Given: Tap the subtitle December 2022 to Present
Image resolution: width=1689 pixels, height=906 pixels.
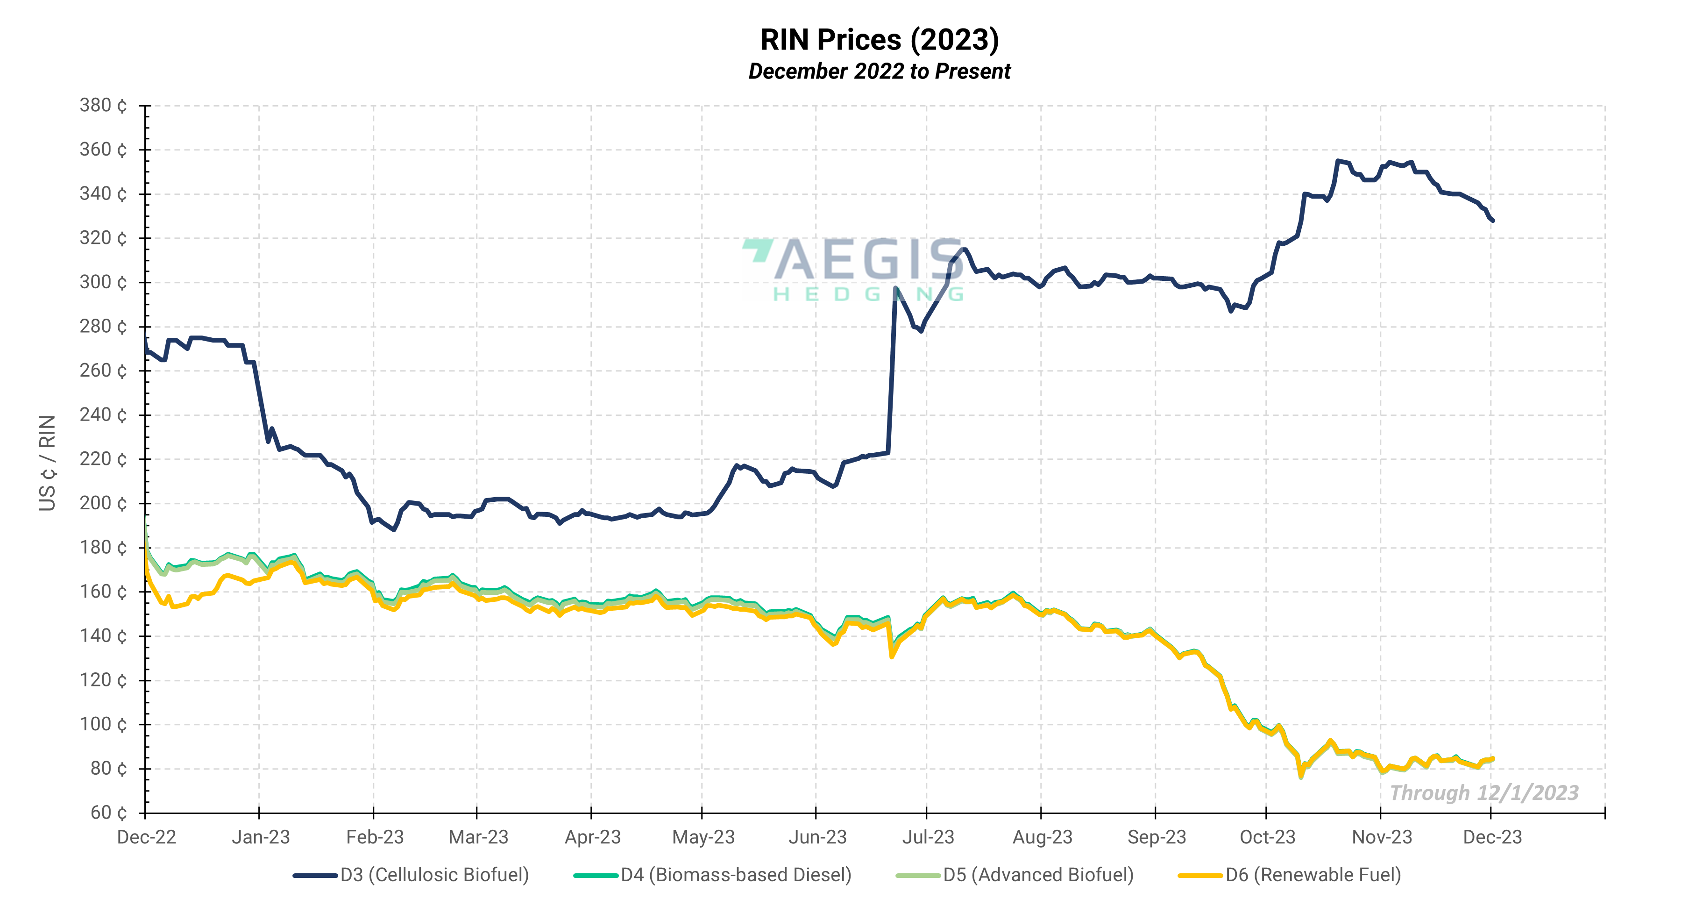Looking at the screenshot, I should [879, 71].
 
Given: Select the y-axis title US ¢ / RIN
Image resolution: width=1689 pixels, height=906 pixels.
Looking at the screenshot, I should [47, 463].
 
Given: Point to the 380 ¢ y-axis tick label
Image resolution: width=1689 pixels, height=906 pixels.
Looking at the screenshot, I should [103, 105].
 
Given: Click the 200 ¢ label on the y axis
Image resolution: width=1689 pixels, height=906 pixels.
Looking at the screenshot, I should [103, 503].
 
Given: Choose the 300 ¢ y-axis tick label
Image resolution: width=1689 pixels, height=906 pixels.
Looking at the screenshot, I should [103, 282].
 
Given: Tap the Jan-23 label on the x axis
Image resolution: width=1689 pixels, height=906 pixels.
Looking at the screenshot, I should [260, 837].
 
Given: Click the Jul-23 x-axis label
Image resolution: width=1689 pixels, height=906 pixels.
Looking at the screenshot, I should [928, 837].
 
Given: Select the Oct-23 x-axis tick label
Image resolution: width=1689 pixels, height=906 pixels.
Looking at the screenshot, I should [1267, 837].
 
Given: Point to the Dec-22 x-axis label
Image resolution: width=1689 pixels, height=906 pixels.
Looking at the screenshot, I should [146, 837].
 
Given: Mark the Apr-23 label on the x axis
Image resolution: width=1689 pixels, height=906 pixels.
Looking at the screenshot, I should [592, 837].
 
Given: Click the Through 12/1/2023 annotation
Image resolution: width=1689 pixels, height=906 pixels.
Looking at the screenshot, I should [1484, 793].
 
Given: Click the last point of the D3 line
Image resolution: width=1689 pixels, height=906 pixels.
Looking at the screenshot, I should [1493, 221].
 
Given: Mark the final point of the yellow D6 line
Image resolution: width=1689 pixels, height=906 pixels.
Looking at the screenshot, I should [1493, 759].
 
